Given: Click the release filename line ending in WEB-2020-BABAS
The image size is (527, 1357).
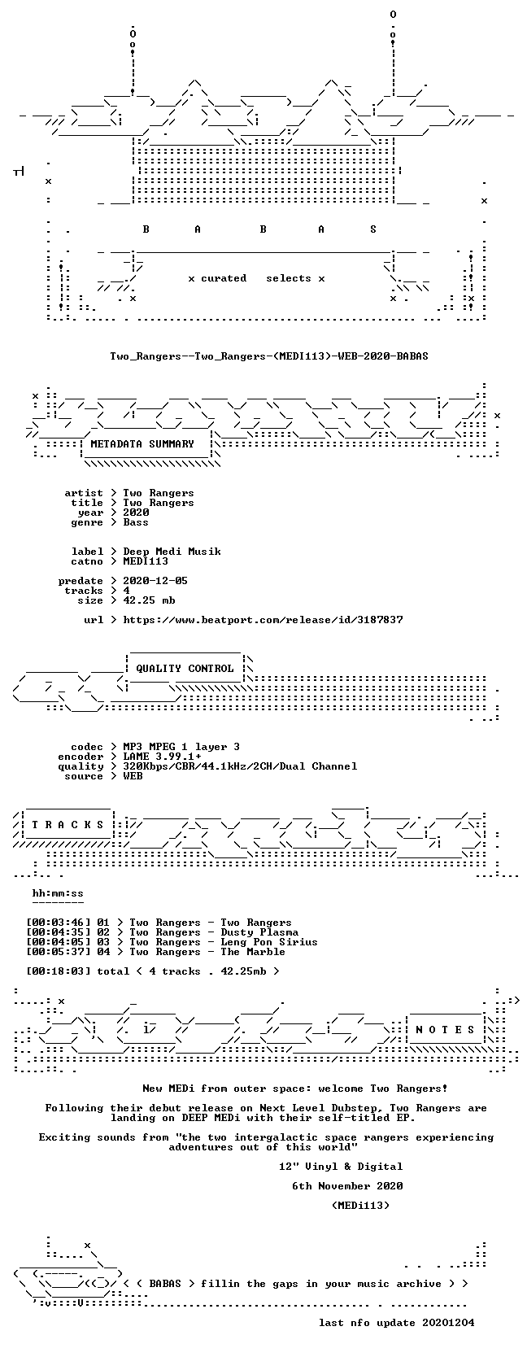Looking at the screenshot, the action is pyautogui.click(x=269, y=356).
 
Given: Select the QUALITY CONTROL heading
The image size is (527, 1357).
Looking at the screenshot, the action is pyautogui.click(x=185, y=669).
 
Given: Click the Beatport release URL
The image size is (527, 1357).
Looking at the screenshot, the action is pyautogui.click(x=263, y=620).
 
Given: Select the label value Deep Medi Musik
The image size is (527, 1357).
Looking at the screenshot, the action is pyautogui.click(x=172, y=552).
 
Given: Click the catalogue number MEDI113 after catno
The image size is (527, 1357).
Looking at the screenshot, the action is pyautogui.click(x=146, y=561).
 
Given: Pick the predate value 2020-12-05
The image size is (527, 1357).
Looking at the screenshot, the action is pyautogui.click(x=155, y=580).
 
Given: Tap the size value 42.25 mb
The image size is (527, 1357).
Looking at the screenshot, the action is pyautogui.click(x=149, y=600).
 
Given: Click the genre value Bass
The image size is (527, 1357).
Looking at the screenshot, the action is pyautogui.click(x=136, y=522).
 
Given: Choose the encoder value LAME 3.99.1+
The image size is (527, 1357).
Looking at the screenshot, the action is pyautogui.click(x=162, y=757).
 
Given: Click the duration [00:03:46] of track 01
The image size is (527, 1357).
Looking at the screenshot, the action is pyautogui.click(x=59, y=923).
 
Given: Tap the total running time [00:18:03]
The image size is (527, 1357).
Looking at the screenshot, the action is pyautogui.click(x=59, y=971).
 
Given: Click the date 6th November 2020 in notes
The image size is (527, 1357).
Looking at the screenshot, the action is pyautogui.click(x=347, y=1185).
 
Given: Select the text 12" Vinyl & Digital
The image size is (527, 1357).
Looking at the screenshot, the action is pyautogui.click(x=341, y=1166).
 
